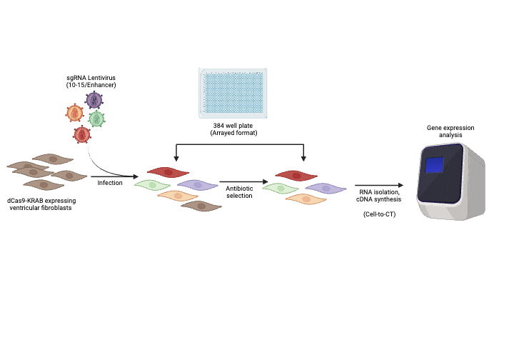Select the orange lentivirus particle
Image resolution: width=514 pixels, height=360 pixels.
tap(74, 113)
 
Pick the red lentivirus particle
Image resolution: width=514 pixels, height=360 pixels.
tap(82, 134)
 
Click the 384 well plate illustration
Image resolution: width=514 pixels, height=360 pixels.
tap(233, 93)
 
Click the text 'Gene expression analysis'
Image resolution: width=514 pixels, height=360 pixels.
tap(450, 130)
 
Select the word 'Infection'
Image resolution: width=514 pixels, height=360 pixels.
tap(111, 184)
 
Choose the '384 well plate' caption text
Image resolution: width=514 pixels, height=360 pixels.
tap(233, 129)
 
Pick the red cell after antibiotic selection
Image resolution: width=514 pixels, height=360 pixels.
tap(296, 176)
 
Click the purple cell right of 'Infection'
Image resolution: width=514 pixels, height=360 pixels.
tap(197, 185)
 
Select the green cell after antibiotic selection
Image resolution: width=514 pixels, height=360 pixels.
tap(281, 187)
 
